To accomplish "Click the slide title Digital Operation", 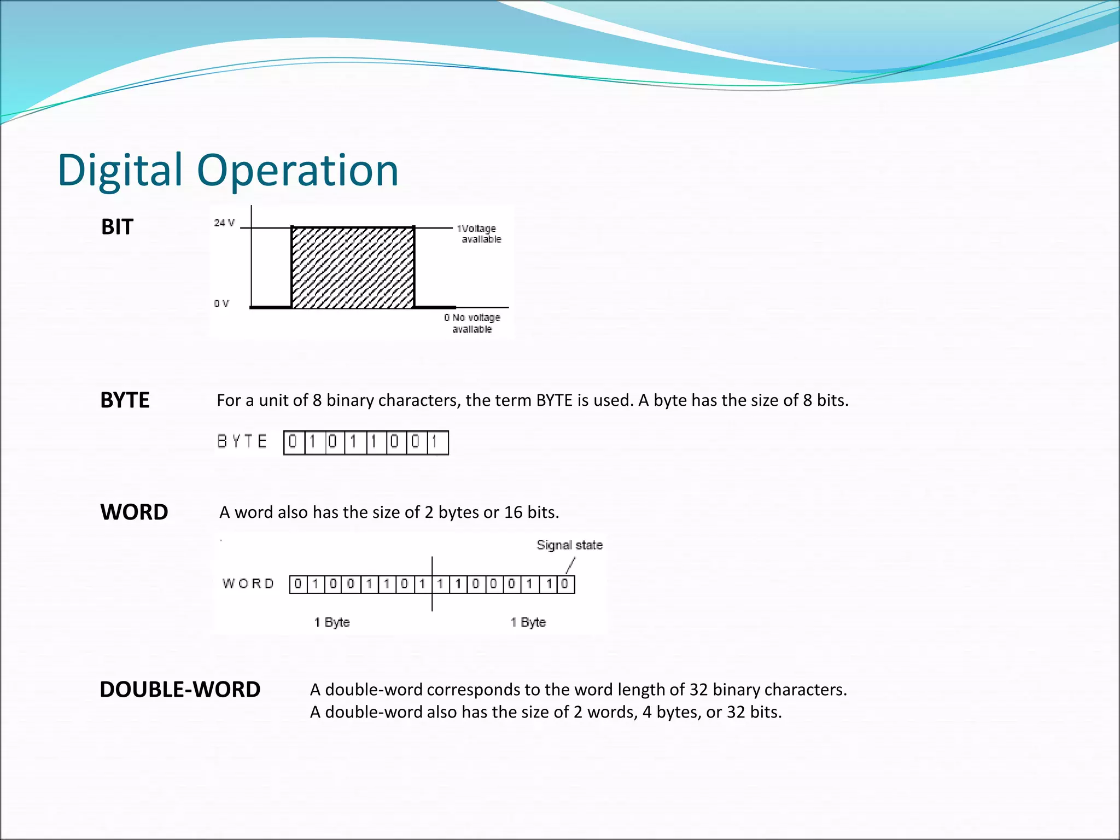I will pyautogui.click(x=228, y=170).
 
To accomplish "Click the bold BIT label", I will pyautogui.click(x=117, y=227).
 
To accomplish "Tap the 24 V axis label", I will pyautogui.click(x=224, y=223).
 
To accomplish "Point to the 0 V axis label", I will pyautogui.click(x=221, y=304).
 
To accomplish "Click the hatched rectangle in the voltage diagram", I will pyautogui.click(x=353, y=267).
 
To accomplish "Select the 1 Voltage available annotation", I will pyautogui.click(x=479, y=234).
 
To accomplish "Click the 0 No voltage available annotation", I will pyautogui.click(x=472, y=323).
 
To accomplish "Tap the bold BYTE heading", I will pyautogui.click(x=125, y=400).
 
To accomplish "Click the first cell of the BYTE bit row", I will pyautogui.click(x=294, y=442).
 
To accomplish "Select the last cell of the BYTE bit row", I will pyautogui.click(x=437, y=442).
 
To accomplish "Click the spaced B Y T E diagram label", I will pyautogui.click(x=242, y=441).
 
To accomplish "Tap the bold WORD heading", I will pyautogui.click(x=134, y=512).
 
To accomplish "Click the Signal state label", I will pyautogui.click(x=569, y=545).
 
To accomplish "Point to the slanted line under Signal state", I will pyautogui.click(x=570, y=565).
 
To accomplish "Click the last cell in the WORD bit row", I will pyautogui.click(x=566, y=584).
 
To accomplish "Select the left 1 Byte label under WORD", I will pyautogui.click(x=332, y=622).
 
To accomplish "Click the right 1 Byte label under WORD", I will pyautogui.click(x=528, y=622).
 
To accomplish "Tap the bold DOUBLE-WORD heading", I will pyautogui.click(x=180, y=690).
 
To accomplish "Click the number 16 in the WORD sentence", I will pyautogui.click(x=513, y=512).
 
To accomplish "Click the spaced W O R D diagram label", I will pyautogui.click(x=248, y=584).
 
